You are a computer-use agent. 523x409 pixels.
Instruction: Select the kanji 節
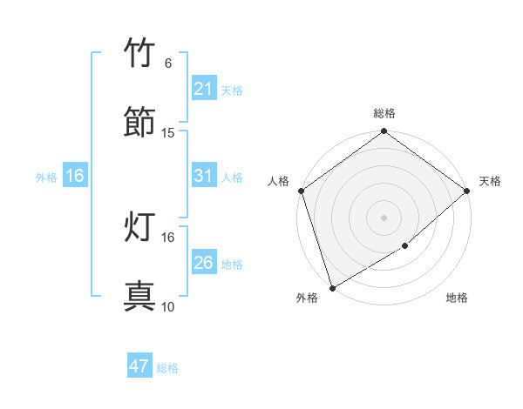pos(140,122)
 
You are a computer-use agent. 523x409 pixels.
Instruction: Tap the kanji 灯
pos(140,227)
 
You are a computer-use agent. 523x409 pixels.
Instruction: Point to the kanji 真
pos(140,297)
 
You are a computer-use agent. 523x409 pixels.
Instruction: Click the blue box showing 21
pos(203,89)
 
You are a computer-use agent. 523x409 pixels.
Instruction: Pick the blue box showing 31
pos(203,177)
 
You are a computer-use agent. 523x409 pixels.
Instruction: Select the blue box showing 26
pos(203,263)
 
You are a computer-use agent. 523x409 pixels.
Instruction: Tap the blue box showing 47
pos(139,366)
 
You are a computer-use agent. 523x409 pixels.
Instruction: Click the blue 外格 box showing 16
pos(75,177)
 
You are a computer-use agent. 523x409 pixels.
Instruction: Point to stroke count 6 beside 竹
pos(167,64)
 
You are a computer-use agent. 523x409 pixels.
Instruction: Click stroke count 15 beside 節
pos(168,133)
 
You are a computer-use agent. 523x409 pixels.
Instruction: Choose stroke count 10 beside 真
pos(168,307)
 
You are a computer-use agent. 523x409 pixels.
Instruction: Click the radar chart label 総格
pos(384,114)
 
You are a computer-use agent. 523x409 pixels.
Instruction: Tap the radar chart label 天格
pos(490,181)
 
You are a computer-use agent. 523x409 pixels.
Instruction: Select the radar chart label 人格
pos(279,181)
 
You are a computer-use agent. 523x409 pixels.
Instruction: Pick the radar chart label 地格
pos(457,298)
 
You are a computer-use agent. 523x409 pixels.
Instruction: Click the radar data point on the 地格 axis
pos(405,246)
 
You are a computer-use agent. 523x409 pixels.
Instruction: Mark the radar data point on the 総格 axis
pos(384,132)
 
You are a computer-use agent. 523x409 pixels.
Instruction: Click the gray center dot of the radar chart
pos(384,217)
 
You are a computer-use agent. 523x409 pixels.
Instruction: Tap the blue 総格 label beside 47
pos(167,368)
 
